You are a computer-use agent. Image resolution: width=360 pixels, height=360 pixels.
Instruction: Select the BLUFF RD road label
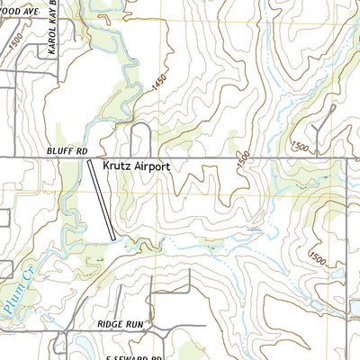point(65,151)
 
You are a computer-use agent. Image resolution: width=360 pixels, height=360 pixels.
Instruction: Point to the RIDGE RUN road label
point(120,322)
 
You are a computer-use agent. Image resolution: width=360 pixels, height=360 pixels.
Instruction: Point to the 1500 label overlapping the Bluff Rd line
point(243,157)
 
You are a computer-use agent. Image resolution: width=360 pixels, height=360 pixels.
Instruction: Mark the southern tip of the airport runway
point(113,238)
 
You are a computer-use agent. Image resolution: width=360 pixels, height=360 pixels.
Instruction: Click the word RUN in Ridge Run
point(132,322)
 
